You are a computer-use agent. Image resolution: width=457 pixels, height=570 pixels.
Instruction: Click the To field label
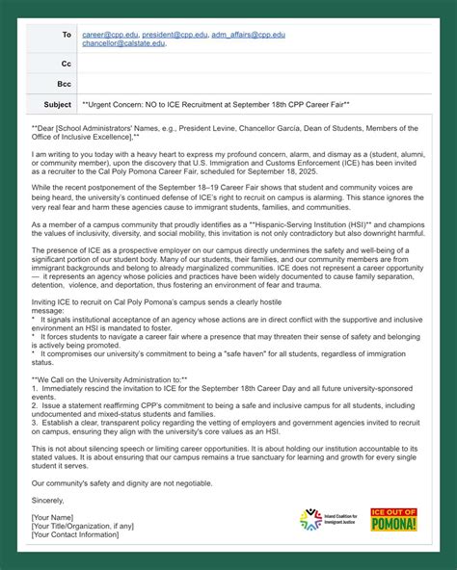tap(67, 35)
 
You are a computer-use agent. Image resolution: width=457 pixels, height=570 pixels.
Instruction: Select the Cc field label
tap(67, 65)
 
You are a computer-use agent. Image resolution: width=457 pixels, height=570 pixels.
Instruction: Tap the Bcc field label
tap(65, 84)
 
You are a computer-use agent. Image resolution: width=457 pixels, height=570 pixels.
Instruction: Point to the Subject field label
tap(58, 104)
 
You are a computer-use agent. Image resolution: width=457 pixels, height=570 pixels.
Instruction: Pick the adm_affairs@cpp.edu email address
tap(250, 35)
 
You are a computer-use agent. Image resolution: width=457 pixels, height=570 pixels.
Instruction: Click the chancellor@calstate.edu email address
tap(123, 43)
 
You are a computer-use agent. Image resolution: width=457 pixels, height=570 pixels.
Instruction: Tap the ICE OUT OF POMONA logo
tap(393, 520)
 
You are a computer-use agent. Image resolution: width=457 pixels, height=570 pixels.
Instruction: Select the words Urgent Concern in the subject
tap(119, 104)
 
